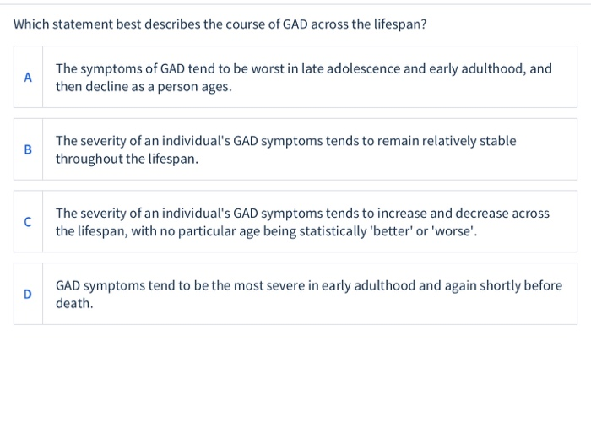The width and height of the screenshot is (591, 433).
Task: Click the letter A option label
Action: click(x=28, y=78)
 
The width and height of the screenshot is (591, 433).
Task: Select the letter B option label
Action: click(x=28, y=149)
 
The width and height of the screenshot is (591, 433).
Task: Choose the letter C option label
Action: click(x=28, y=222)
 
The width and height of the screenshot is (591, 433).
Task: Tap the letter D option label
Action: click(x=28, y=295)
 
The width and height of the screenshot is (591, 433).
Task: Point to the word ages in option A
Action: click(x=214, y=86)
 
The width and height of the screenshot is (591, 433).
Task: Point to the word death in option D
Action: click(x=73, y=303)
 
